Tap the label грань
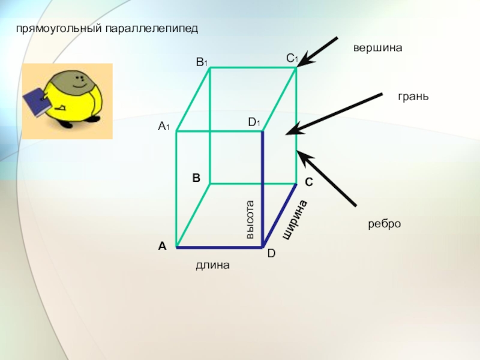click(x=413, y=96)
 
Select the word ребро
click(x=384, y=224)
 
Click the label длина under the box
click(x=212, y=265)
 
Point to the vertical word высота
click(x=250, y=220)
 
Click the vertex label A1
click(x=164, y=126)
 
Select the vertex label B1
click(x=202, y=61)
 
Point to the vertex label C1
click(x=292, y=58)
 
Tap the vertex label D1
click(x=254, y=122)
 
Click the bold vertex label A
click(x=162, y=246)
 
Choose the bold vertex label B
click(x=196, y=178)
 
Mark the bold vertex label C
click(x=308, y=181)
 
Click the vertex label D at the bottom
click(x=271, y=254)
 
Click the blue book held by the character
click(x=36, y=101)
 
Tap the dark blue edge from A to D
click(x=220, y=247)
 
